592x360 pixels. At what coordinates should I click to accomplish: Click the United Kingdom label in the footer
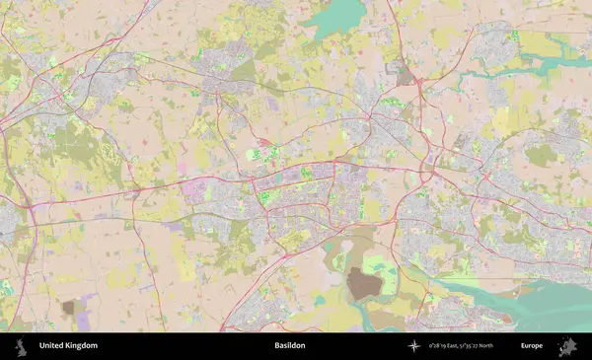pyautogui.click(x=68, y=345)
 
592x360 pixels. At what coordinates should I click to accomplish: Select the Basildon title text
pyautogui.click(x=290, y=345)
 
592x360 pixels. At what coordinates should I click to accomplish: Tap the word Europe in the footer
pyautogui.click(x=532, y=345)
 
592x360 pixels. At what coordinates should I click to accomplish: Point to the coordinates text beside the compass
pyautogui.click(x=461, y=345)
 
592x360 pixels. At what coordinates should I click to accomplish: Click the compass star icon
pyautogui.click(x=414, y=345)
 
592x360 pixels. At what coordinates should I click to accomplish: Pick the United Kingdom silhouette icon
pyautogui.click(x=19, y=345)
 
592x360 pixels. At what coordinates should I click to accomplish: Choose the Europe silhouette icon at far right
pyautogui.click(x=567, y=345)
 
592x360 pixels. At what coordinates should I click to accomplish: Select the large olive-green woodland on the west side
pyautogui.click(x=79, y=148)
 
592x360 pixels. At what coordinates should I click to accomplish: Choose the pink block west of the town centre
pyautogui.click(x=192, y=187)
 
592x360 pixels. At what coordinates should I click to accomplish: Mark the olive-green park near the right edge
pyautogui.click(x=540, y=155)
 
